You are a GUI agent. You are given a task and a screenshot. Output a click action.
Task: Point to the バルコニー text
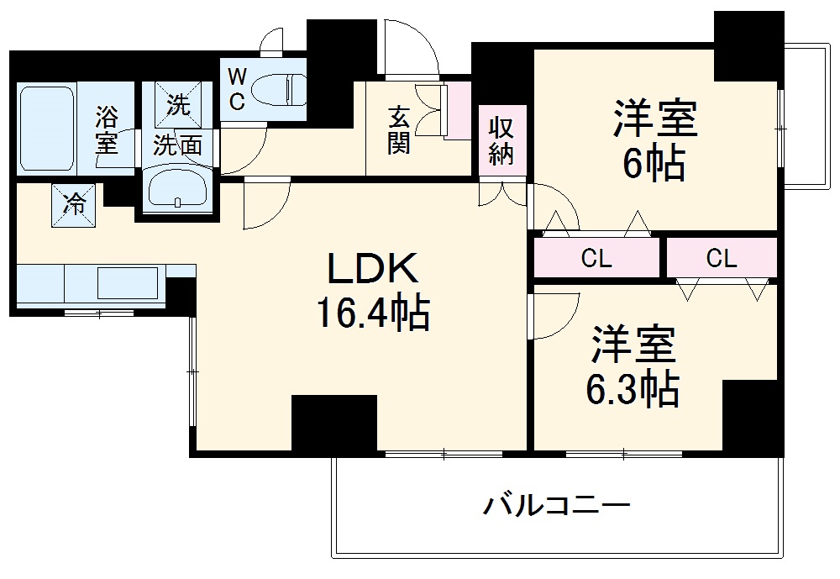[x=556, y=507]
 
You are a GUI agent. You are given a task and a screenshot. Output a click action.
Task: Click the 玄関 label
[x=398, y=129]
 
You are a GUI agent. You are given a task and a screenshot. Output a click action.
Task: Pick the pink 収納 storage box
[x=501, y=141]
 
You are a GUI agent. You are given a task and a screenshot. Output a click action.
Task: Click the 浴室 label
[x=106, y=129]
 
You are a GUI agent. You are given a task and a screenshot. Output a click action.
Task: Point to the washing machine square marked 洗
[x=177, y=104]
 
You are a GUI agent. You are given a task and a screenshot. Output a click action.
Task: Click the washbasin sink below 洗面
[x=178, y=189]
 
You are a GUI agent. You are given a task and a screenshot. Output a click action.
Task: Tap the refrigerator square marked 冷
[x=75, y=205]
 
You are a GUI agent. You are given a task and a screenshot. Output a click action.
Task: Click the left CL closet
[x=596, y=258]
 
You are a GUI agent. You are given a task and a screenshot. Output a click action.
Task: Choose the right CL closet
[x=722, y=258]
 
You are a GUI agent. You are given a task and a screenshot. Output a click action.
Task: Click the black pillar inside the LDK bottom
[x=333, y=424]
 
